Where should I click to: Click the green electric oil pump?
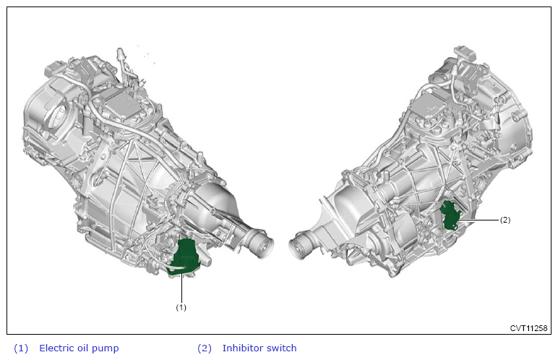(x=184, y=257)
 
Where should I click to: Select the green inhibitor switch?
(x=450, y=215)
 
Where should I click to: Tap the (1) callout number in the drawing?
(x=181, y=307)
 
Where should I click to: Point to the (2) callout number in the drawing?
(x=505, y=220)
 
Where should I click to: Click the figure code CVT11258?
(x=528, y=328)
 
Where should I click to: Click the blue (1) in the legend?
(x=21, y=348)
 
